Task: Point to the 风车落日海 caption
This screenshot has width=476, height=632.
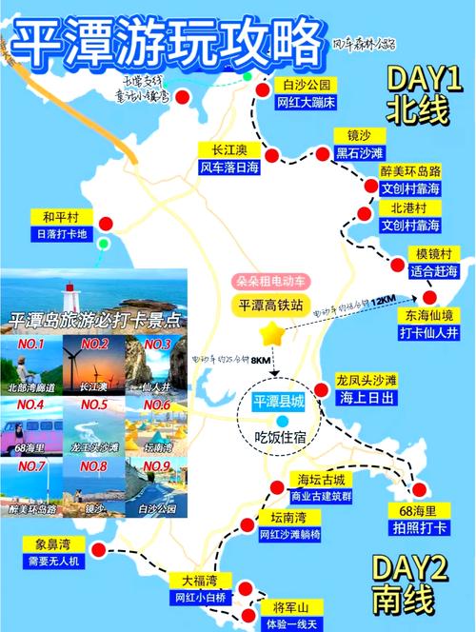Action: pyautogui.click(x=228, y=167)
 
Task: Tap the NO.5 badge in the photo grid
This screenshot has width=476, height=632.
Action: pyautogui.click(x=93, y=404)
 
